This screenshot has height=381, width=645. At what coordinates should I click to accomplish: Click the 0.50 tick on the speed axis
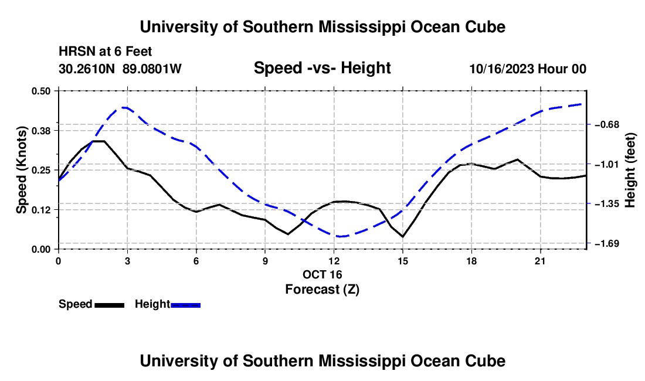pos(40,91)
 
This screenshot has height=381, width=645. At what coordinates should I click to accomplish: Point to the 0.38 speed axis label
pos(40,131)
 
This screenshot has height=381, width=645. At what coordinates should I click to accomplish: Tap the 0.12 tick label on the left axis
pos(40,210)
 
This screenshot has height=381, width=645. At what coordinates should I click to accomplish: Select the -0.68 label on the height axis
pos(607,124)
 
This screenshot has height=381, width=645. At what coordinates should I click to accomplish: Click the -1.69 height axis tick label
pos(607,244)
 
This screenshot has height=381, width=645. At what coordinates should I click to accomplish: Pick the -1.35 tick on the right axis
pos(607,204)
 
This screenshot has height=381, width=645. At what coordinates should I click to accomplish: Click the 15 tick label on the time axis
pos(403,261)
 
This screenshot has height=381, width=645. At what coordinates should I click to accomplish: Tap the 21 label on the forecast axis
pos(540,261)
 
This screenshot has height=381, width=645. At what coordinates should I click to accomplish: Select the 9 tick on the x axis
pos(265,261)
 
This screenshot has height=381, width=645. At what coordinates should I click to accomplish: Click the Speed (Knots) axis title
pos(21,170)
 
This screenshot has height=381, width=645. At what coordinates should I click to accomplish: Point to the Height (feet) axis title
pos(630,170)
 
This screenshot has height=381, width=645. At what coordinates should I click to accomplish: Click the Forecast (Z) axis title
pos(322,290)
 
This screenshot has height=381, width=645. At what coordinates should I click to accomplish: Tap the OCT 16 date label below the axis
pos(322,274)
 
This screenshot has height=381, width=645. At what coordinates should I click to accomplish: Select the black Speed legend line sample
pos(110,305)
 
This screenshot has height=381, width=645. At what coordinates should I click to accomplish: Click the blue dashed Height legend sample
pos(185,305)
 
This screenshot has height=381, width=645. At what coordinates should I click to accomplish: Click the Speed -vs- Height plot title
pos(322,68)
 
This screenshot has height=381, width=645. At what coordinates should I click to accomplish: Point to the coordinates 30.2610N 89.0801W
pos(120,69)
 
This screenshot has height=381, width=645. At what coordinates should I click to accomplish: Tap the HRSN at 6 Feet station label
pos(106,52)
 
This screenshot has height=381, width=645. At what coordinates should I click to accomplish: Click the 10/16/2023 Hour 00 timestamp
pos(528,69)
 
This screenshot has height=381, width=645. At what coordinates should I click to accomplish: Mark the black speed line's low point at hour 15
pos(403,237)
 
